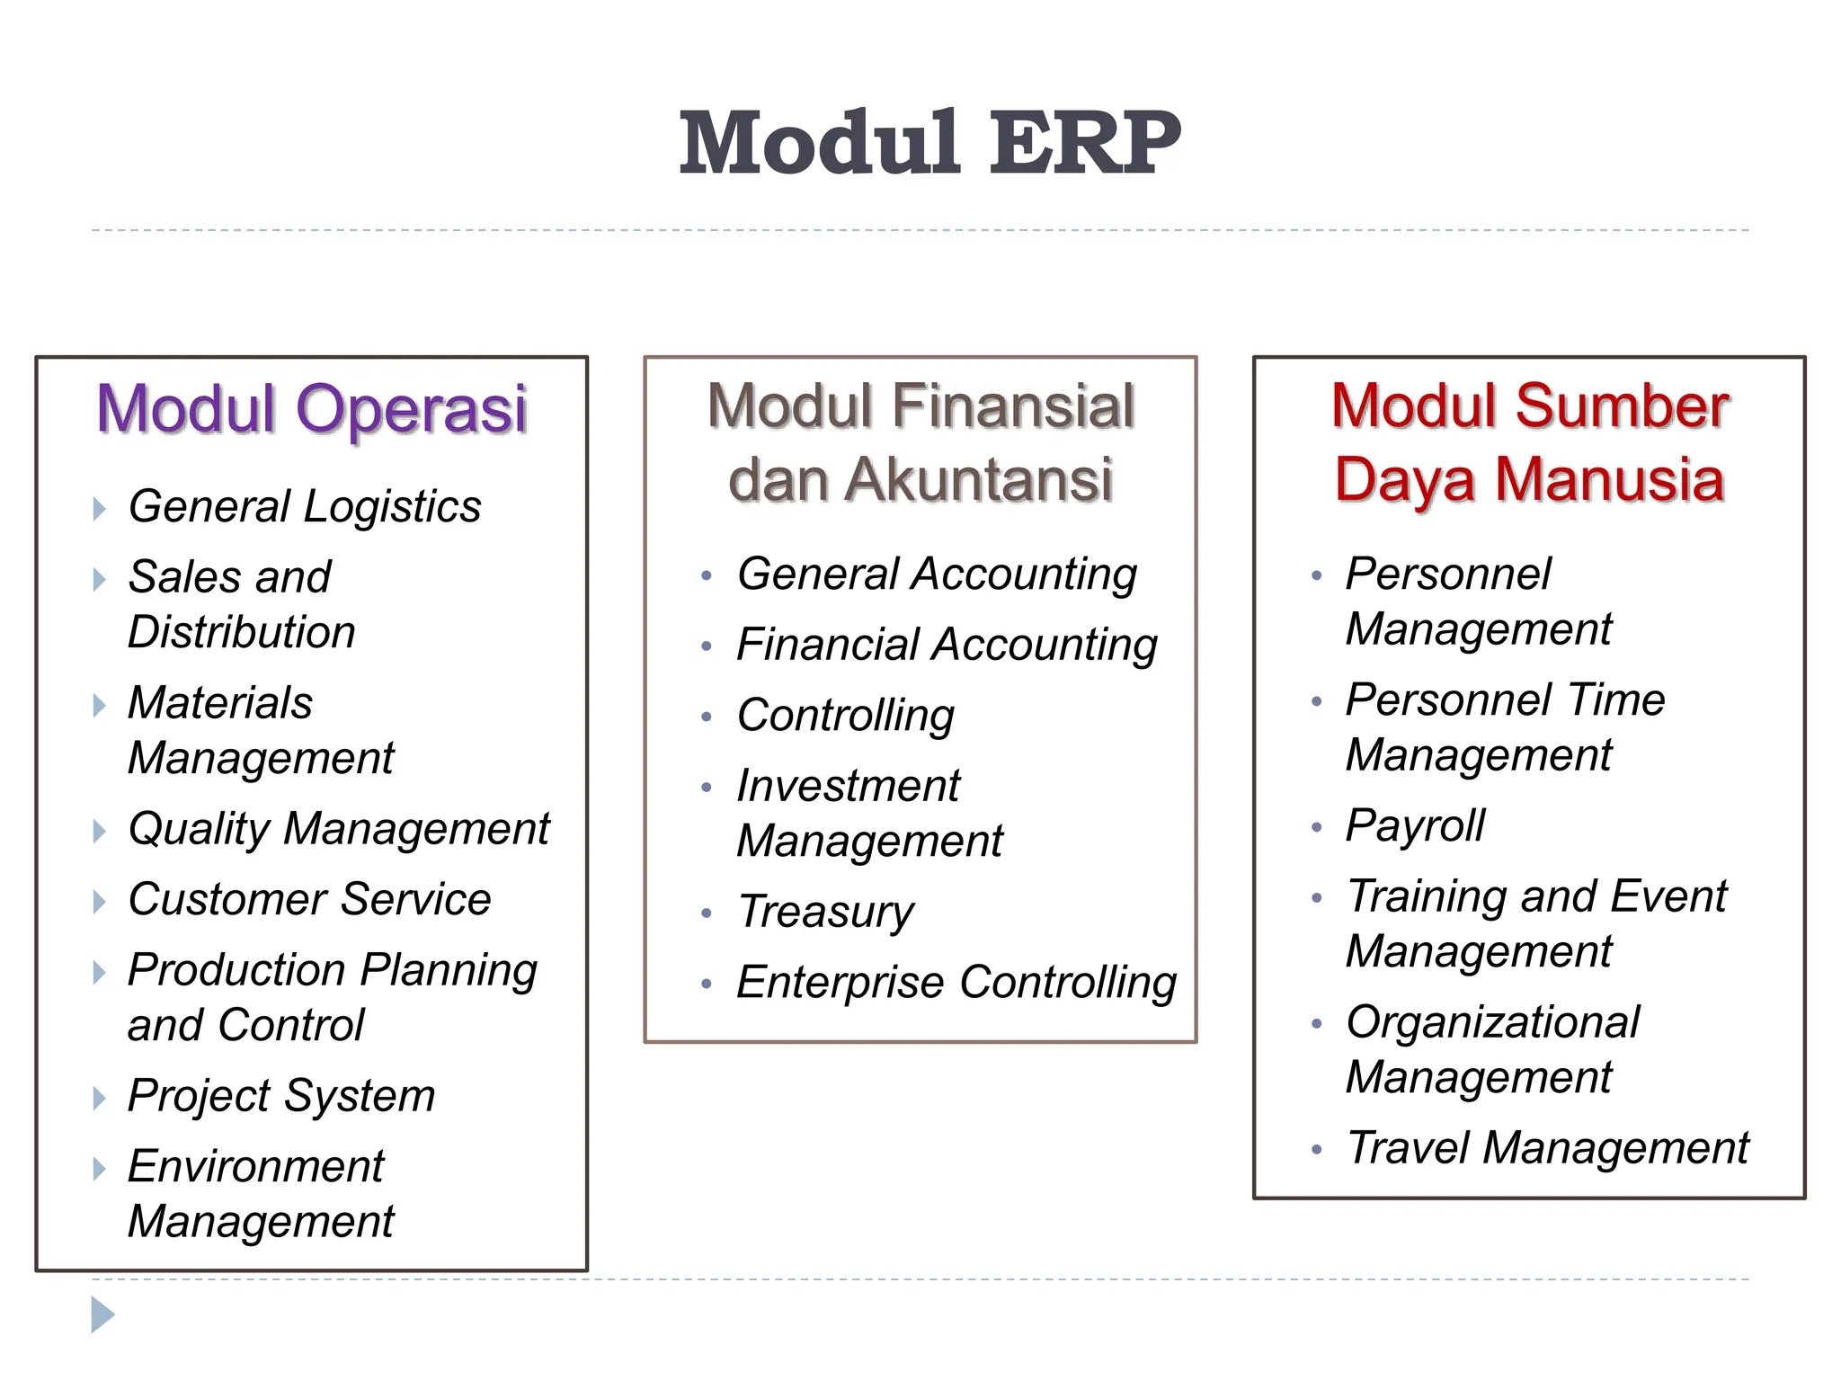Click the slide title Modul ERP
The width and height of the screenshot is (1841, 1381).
929,144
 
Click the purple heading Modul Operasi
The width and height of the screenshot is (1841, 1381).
311,409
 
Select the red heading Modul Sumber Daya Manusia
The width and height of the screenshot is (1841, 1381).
1529,442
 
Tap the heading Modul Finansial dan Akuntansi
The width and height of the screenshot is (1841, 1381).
920,442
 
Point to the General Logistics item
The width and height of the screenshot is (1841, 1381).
304,507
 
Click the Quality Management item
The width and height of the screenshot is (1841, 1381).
338,829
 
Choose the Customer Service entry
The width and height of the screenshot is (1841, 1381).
309,900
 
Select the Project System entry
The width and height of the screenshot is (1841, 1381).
280,1096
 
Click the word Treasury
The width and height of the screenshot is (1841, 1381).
825,913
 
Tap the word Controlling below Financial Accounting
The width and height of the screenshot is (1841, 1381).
845,717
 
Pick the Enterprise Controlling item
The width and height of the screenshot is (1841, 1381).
956,983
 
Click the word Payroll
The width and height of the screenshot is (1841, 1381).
1415,826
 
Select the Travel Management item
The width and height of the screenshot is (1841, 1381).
1547,1148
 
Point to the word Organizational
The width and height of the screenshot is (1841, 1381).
1492,1023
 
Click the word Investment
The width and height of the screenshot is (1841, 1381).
848,787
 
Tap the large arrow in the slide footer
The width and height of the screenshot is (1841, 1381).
102,1314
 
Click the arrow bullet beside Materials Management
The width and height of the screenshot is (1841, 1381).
99,705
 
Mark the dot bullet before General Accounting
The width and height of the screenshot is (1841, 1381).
707,575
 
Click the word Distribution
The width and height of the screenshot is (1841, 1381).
241,632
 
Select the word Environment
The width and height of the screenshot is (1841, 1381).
255,1167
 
